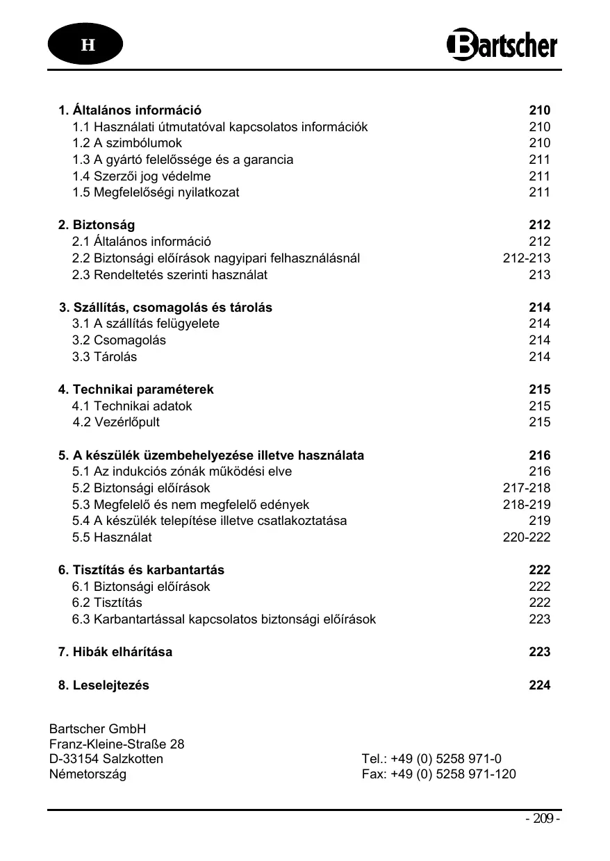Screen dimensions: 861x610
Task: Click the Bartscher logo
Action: coord(501,44)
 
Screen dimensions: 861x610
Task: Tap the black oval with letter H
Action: coord(85,45)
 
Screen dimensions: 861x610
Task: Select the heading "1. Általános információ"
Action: coord(130,110)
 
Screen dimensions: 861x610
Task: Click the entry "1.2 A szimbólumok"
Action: coord(127,143)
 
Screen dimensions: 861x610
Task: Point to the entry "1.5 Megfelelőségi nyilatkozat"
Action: coord(156,192)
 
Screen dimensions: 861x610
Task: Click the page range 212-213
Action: coord(526,258)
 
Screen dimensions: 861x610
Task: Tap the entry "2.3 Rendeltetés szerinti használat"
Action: coord(170,275)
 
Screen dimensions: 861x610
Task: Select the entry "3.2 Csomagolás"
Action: coord(119,340)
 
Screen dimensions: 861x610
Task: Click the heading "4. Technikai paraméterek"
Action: coord(136,390)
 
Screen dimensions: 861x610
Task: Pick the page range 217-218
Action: coord(526,488)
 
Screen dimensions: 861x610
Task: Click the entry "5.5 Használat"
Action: coord(112,537)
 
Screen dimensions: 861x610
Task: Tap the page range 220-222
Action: coord(526,537)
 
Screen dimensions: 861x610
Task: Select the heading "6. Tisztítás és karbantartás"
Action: coord(141,570)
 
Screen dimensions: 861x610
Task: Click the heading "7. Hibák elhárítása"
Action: coord(115,652)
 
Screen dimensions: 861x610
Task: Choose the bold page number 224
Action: coord(539,685)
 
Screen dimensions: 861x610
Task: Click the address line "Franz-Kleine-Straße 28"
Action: coord(117,744)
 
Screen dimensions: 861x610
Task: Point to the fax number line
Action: coord(438,774)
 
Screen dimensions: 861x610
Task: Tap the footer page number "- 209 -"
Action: coord(542,819)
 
